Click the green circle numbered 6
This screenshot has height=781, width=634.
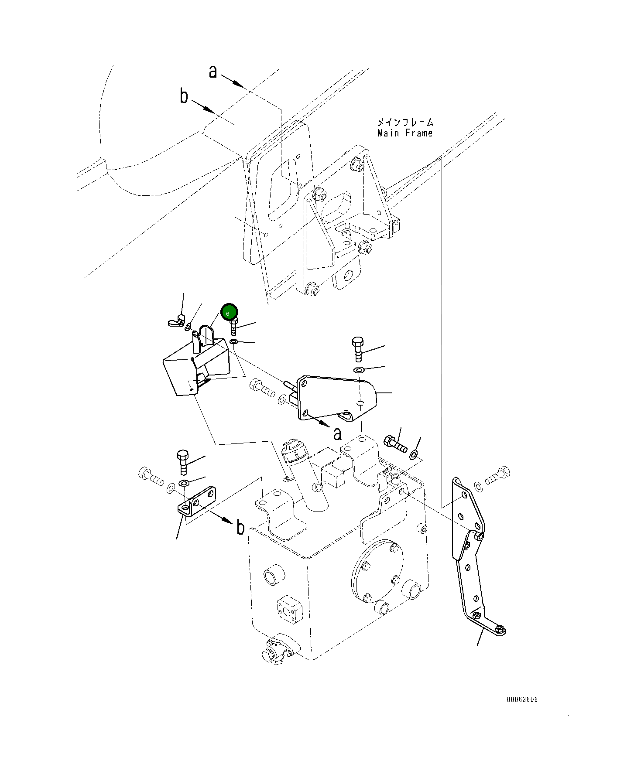[229, 312]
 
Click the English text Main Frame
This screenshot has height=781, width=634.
[405, 133]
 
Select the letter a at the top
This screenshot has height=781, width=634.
[212, 72]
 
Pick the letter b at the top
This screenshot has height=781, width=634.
[184, 95]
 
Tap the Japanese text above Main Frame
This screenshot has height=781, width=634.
[405, 123]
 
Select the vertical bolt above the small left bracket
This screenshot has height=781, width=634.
[183, 463]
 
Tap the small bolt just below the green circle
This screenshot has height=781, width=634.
[234, 326]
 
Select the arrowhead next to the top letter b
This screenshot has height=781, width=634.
[209, 109]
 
